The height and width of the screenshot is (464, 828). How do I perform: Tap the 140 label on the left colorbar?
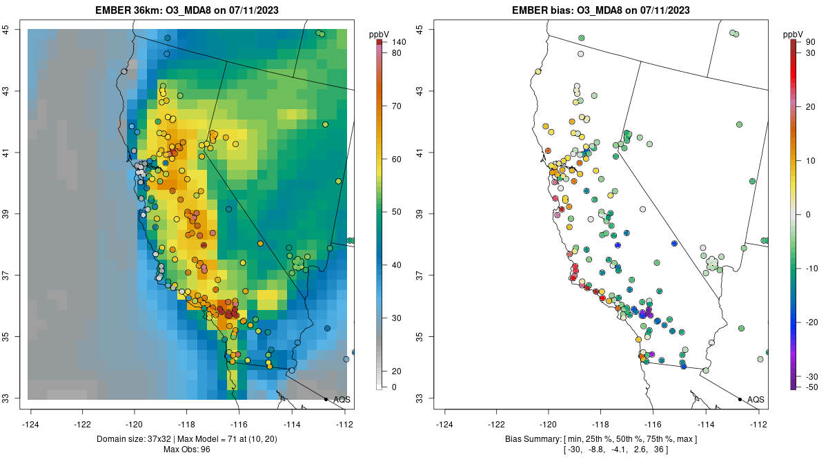pyautogui.click(x=399, y=42)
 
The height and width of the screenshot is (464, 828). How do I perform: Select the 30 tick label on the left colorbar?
pyautogui.click(x=397, y=318)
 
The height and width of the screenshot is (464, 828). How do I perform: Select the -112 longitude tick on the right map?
pyautogui.click(x=758, y=423)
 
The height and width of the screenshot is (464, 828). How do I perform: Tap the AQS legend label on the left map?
pyautogui.click(x=342, y=399)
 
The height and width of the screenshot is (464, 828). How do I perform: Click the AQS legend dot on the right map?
pyautogui.click(x=740, y=399)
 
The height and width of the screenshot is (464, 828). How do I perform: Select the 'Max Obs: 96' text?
pyautogui.click(x=186, y=449)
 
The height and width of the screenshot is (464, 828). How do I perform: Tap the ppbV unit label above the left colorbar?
pyautogui.click(x=379, y=34)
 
